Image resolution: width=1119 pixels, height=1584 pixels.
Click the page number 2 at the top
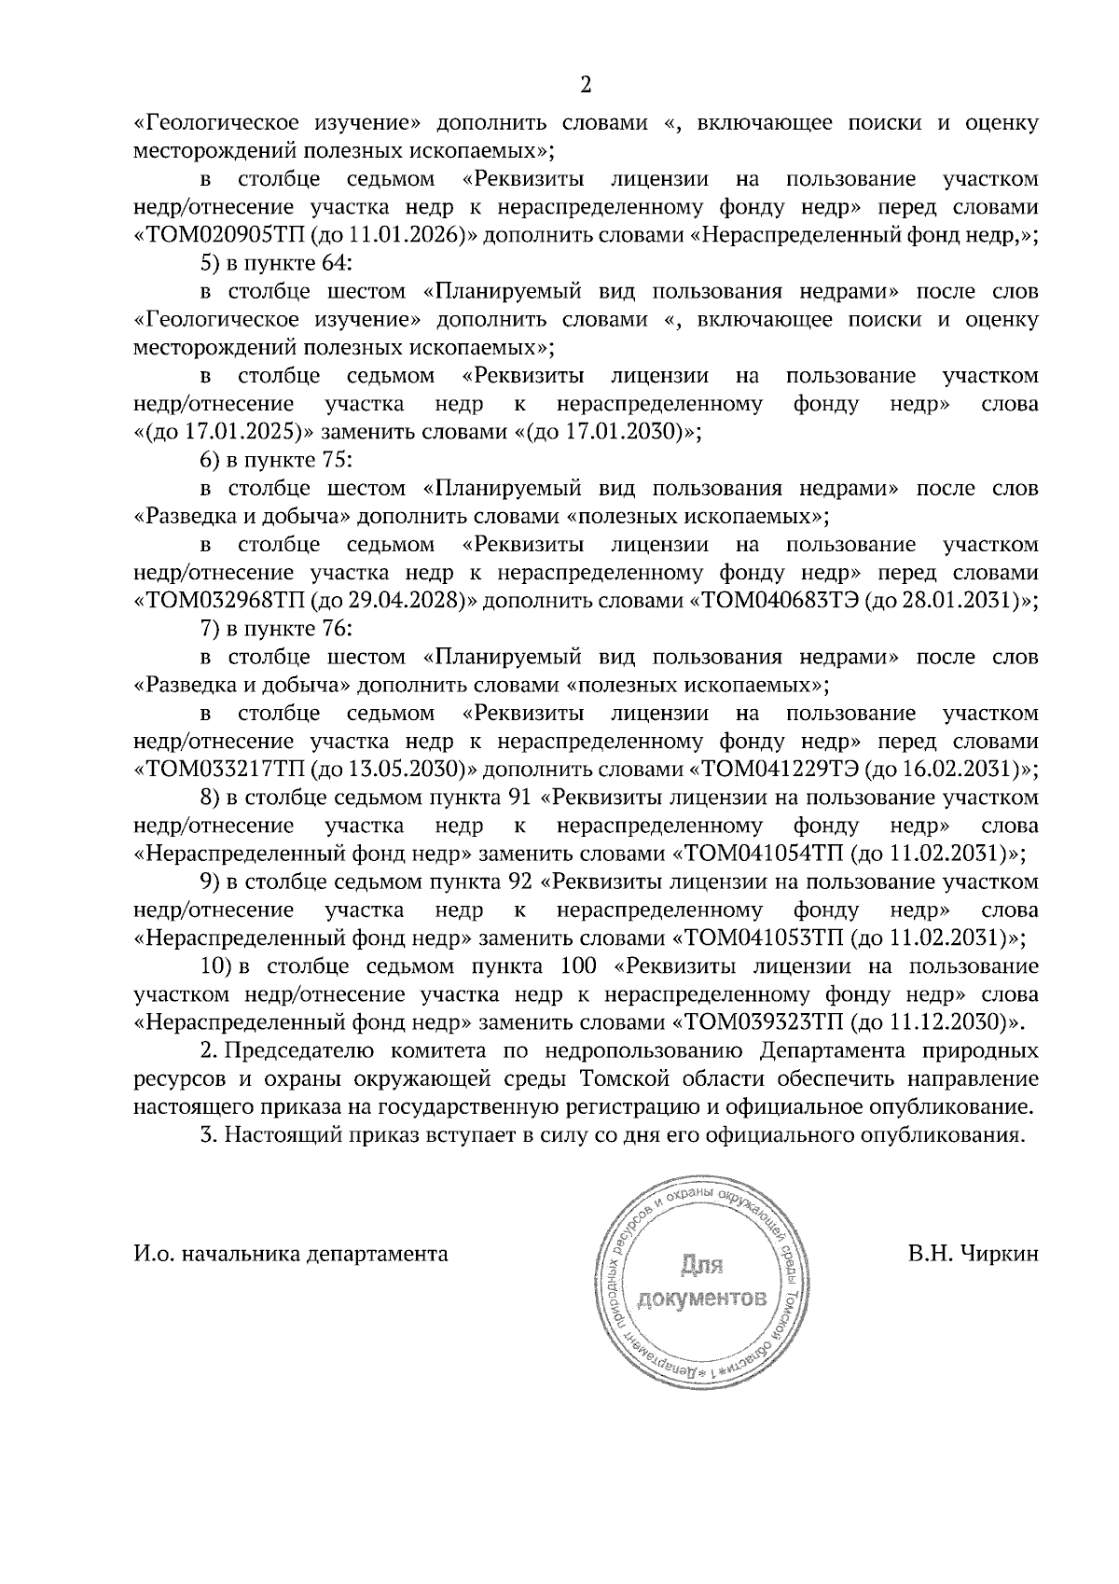point(586,85)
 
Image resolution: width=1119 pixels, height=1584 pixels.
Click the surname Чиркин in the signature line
point(1001,1254)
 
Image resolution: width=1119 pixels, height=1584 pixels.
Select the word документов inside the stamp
point(702,1299)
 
